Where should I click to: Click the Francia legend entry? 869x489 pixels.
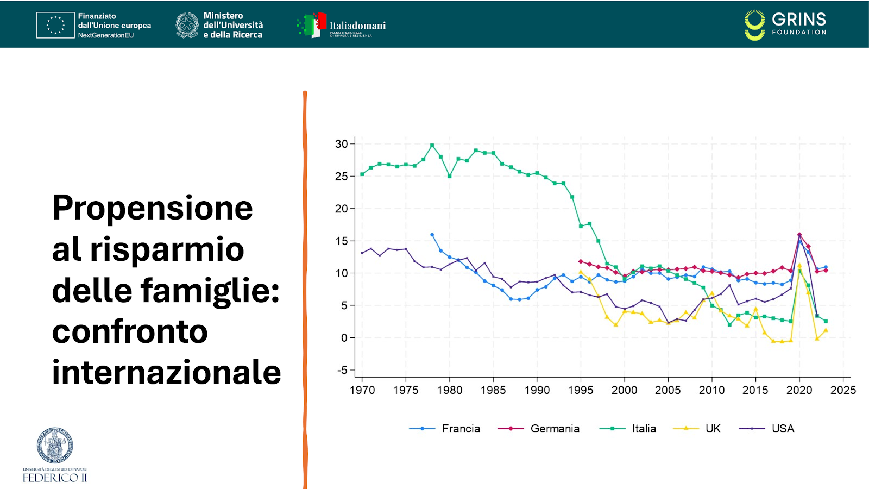pyautogui.click(x=461, y=429)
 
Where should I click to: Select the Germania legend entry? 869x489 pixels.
pyautogui.click(x=555, y=429)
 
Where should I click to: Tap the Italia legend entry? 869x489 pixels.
pyautogui.click(x=644, y=429)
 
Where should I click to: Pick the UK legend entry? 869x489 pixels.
pyautogui.click(x=713, y=429)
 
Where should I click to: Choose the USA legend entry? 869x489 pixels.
pyautogui.click(x=783, y=429)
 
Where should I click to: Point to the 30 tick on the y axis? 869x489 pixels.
pyautogui.click(x=341, y=144)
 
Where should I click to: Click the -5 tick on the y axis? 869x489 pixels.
pyautogui.click(x=342, y=370)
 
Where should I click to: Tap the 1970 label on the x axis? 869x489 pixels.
pyautogui.click(x=362, y=390)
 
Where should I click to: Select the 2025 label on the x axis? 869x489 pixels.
pyautogui.click(x=843, y=390)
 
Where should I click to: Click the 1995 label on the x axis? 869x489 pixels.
pyautogui.click(x=581, y=390)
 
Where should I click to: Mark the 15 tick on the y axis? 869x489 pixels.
pyautogui.click(x=341, y=241)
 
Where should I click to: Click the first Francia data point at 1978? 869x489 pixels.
pyautogui.click(x=432, y=235)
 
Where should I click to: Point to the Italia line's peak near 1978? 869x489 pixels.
pyautogui.click(x=432, y=145)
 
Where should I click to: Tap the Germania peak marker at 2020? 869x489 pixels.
pyautogui.click(x=799, y=235)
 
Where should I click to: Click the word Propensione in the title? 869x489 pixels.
pyautogui.click(x=153, y=208)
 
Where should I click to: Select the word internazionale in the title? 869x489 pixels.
pyautogui.click(x=166, y=372)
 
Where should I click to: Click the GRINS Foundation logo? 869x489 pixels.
pyautogui.click(x=785, y=25)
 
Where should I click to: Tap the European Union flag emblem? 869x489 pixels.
pyautogui.click(x=55, y=25)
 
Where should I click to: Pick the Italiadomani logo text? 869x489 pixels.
pyautogui.click(x=357, y=26)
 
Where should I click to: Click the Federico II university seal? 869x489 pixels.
pyautogui.click(x=55, y=445)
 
